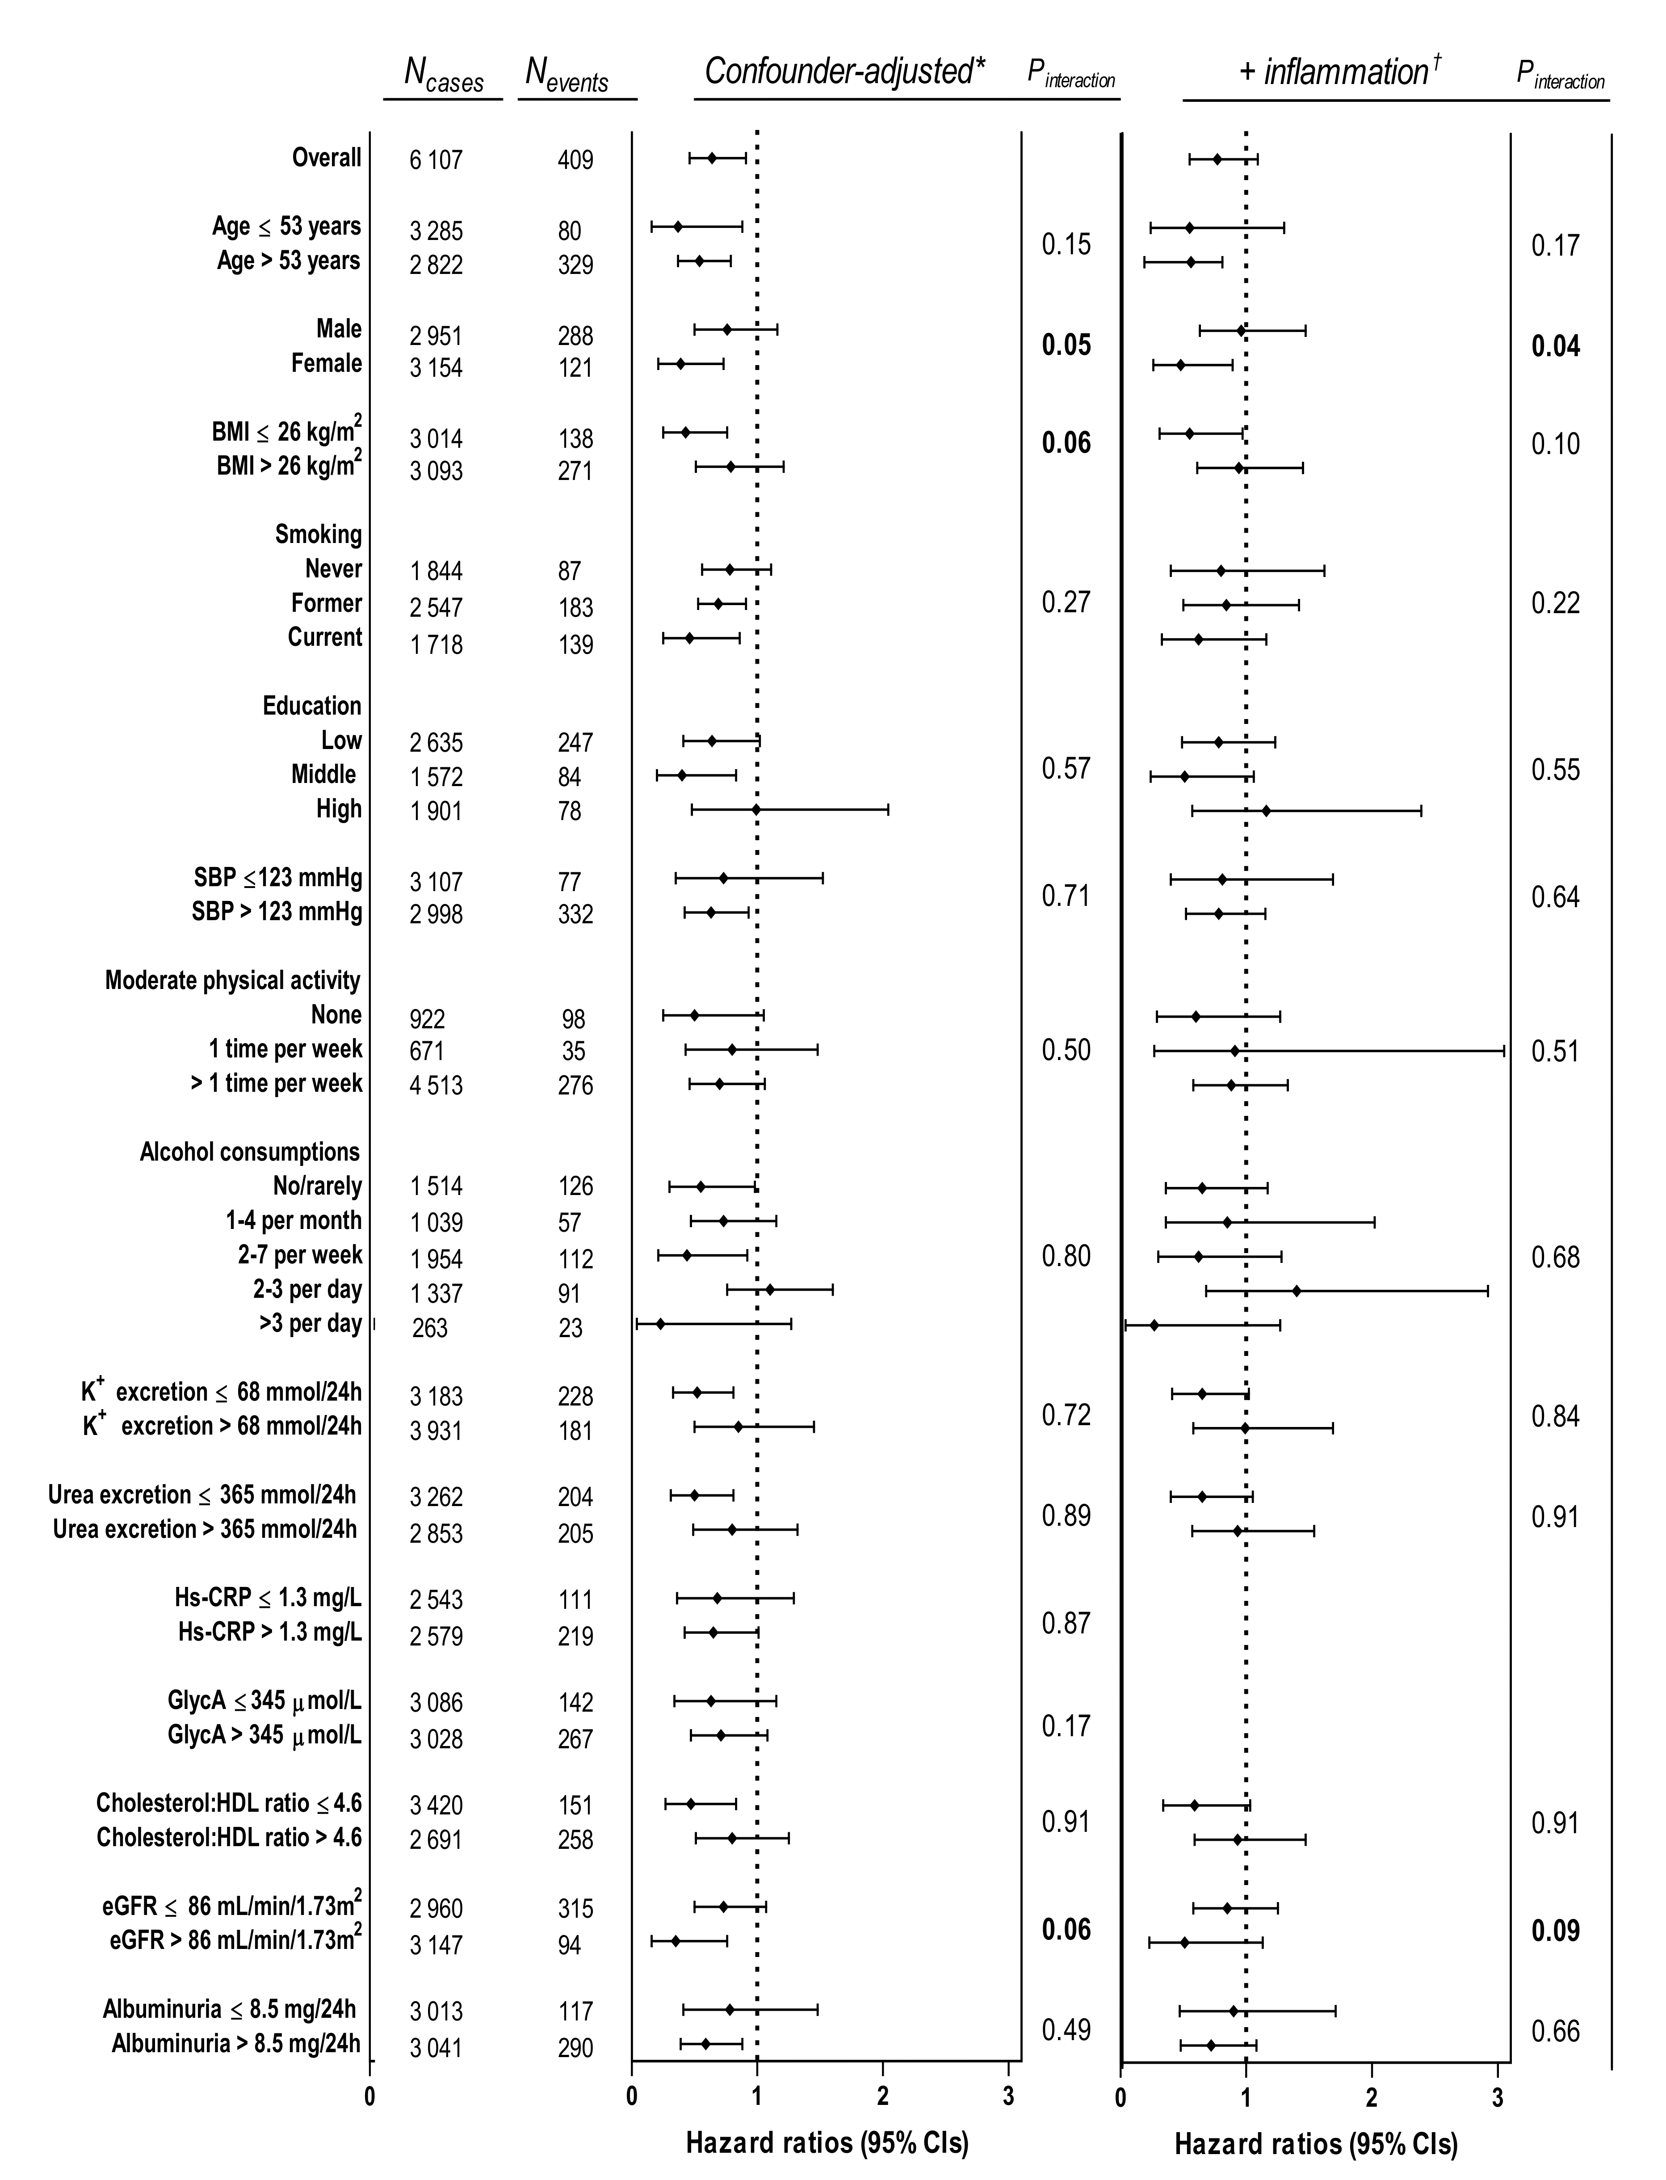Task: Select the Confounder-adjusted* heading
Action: point(844,72)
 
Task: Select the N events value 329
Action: point(575,265)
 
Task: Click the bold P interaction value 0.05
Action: point(1066,345)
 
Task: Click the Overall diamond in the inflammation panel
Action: point(1217,159)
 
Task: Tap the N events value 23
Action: point(570,1328)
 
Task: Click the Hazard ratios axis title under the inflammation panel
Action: point(1316,2144)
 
